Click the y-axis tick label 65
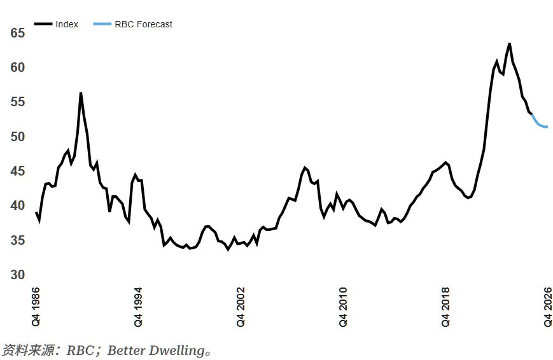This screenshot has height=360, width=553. point(17,33)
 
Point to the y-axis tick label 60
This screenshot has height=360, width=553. point(17,68)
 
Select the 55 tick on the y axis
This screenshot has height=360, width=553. point(17,102)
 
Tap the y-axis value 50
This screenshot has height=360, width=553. point(17,137)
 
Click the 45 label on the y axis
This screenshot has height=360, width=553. point(17,172)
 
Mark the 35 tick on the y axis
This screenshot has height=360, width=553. point(17,241)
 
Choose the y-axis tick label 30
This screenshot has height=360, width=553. point(17,275)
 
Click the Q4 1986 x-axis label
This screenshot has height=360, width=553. point(36,307)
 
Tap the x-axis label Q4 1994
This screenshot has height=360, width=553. point(138,307)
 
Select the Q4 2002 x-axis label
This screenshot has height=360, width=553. point(241,307)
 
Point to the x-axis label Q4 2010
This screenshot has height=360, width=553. point(343,307)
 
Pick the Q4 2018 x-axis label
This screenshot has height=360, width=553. point(445,307)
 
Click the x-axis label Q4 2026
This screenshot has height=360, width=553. point(547,307)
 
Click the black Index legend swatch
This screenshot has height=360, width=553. point(43,24)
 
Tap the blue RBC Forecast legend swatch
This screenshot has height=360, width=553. point(102,24)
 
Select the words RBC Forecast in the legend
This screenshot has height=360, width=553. point(143,24)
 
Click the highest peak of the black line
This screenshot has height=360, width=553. point(509,44)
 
